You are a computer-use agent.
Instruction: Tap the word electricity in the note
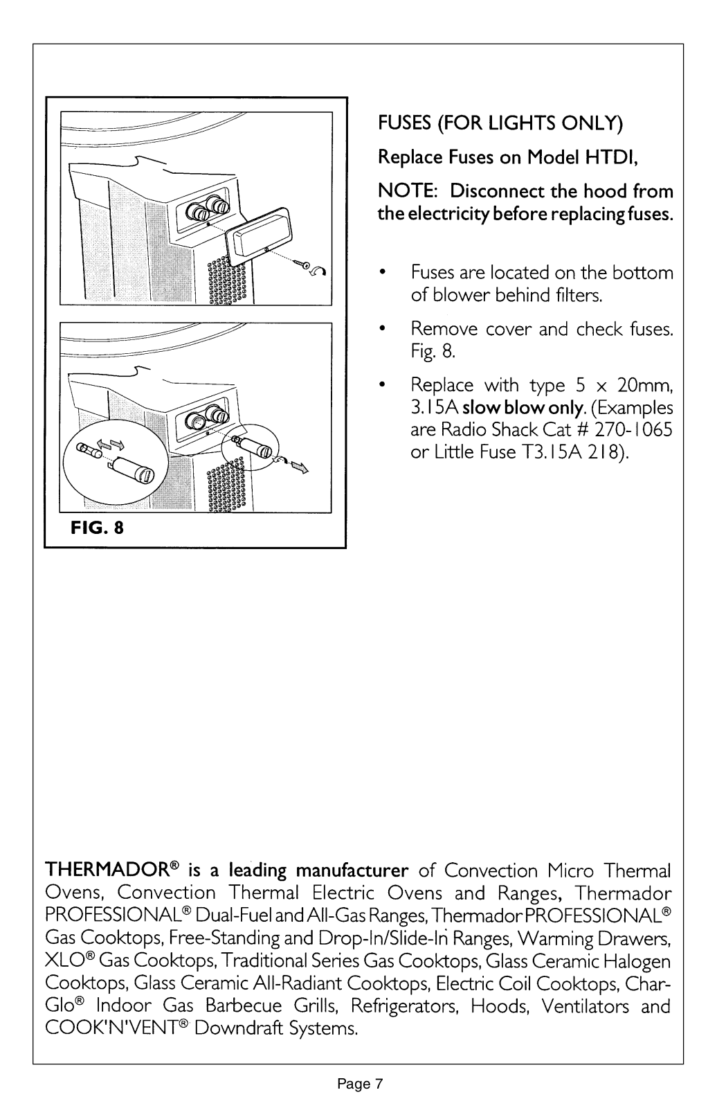click(441, 213)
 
